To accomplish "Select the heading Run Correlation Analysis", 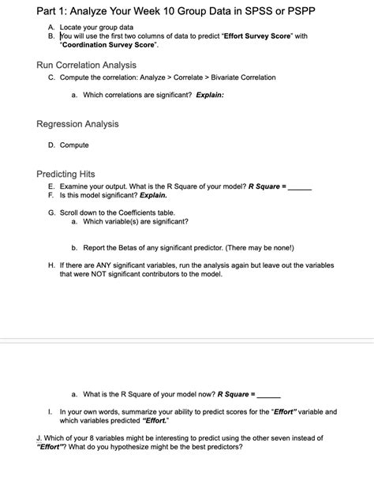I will coord(86,64).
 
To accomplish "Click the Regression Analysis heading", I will coord(77,124).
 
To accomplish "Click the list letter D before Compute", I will coord(51,145).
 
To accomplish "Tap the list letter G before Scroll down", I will coord(51,213).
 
